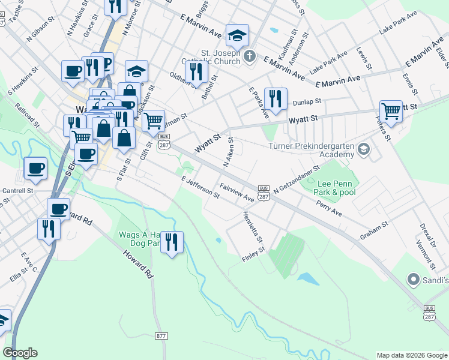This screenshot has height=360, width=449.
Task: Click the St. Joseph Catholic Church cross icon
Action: point(250,56)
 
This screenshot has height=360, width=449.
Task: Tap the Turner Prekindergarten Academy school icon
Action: point(362,148)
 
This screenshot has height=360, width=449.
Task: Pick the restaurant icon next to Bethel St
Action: point(196,71)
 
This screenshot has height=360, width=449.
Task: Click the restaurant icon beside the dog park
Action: point(172,242)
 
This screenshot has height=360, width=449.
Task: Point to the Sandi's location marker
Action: point(413,280)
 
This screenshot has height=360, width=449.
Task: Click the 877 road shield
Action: point(160,336)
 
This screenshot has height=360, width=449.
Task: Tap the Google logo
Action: point(20,353)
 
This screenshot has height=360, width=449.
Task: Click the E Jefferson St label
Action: point(200,188)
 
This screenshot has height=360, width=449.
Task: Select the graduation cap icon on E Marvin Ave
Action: point(237,35)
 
